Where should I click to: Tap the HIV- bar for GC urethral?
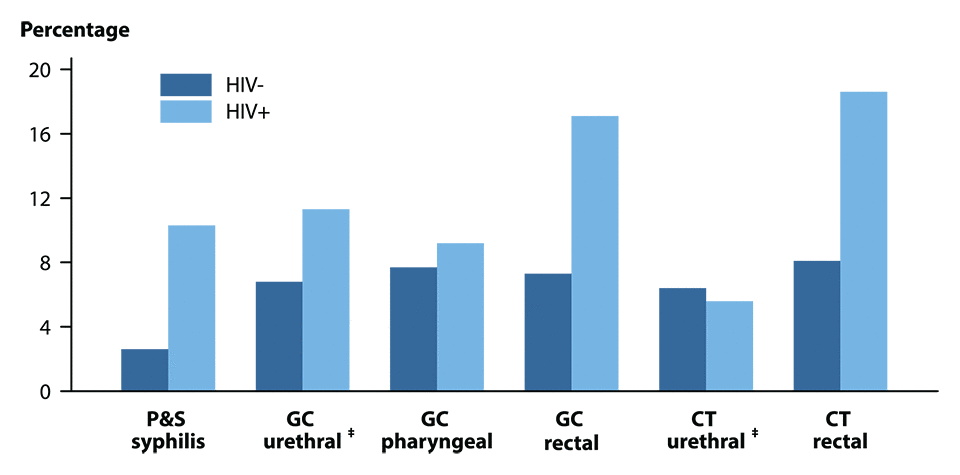point(279,336)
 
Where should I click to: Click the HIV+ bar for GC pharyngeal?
point(460,317)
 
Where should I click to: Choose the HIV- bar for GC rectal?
point(548,332)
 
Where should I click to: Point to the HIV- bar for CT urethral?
point(682,339)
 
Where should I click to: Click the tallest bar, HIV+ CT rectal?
point(863,241)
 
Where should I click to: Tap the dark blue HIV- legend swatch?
point(186,85)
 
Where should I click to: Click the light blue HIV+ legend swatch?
point(186,111)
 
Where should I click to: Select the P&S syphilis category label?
point(168,431)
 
